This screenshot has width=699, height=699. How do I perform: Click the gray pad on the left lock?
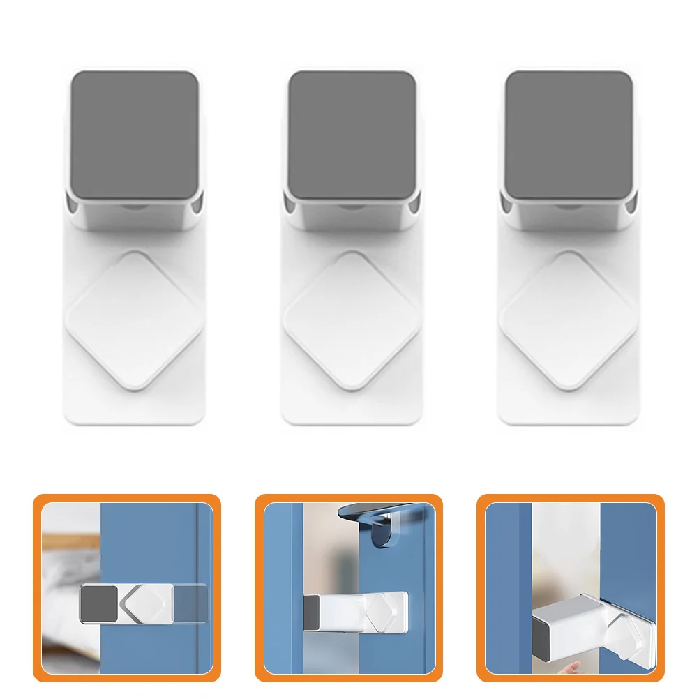pos(135,134)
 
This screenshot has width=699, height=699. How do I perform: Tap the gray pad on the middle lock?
pos(352,134)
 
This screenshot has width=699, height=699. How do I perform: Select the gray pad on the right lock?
pos(569,134)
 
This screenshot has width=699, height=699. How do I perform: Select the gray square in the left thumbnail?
pos(99,603)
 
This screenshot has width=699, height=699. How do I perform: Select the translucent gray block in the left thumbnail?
pos(190,603)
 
